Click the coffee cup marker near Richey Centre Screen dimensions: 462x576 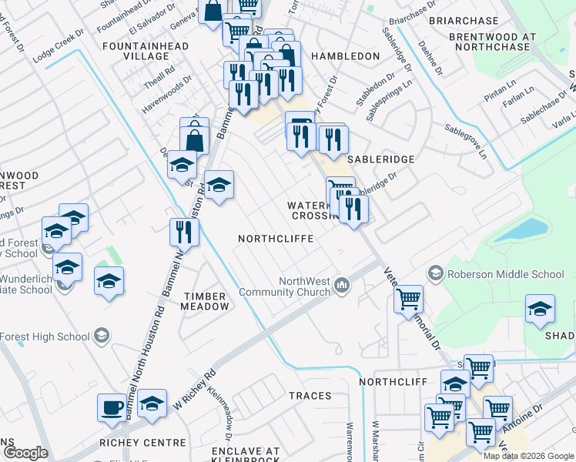tap(112, 407)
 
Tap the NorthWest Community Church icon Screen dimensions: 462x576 tap(341, 286)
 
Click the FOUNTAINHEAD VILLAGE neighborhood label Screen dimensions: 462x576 tap(136, 52)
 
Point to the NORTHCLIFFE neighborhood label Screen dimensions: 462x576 tap(275, 239)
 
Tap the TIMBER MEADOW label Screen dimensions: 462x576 tap(204, 301)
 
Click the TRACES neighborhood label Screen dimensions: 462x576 tap(310, 396)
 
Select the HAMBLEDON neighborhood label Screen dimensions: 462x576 tap(345, 56)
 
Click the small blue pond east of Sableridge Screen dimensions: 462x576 tap(521, 229)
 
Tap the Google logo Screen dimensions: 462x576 tap(25, 453)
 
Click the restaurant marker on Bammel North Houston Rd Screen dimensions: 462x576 tap(184, 231)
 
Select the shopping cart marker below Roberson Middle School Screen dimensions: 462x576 tap(408, 299)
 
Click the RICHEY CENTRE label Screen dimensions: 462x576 tap(142, 443)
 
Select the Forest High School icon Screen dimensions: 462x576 tap(101, 335)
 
